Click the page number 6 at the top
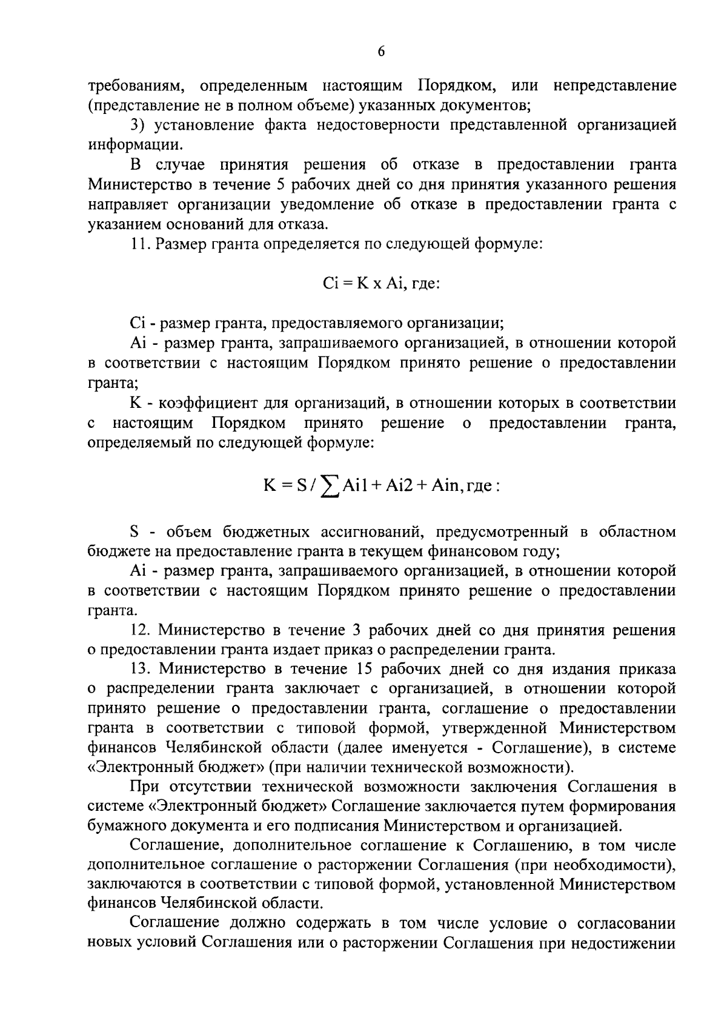coord(381,52)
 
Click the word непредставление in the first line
coord(614,85)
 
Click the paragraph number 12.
coord(141,631)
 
